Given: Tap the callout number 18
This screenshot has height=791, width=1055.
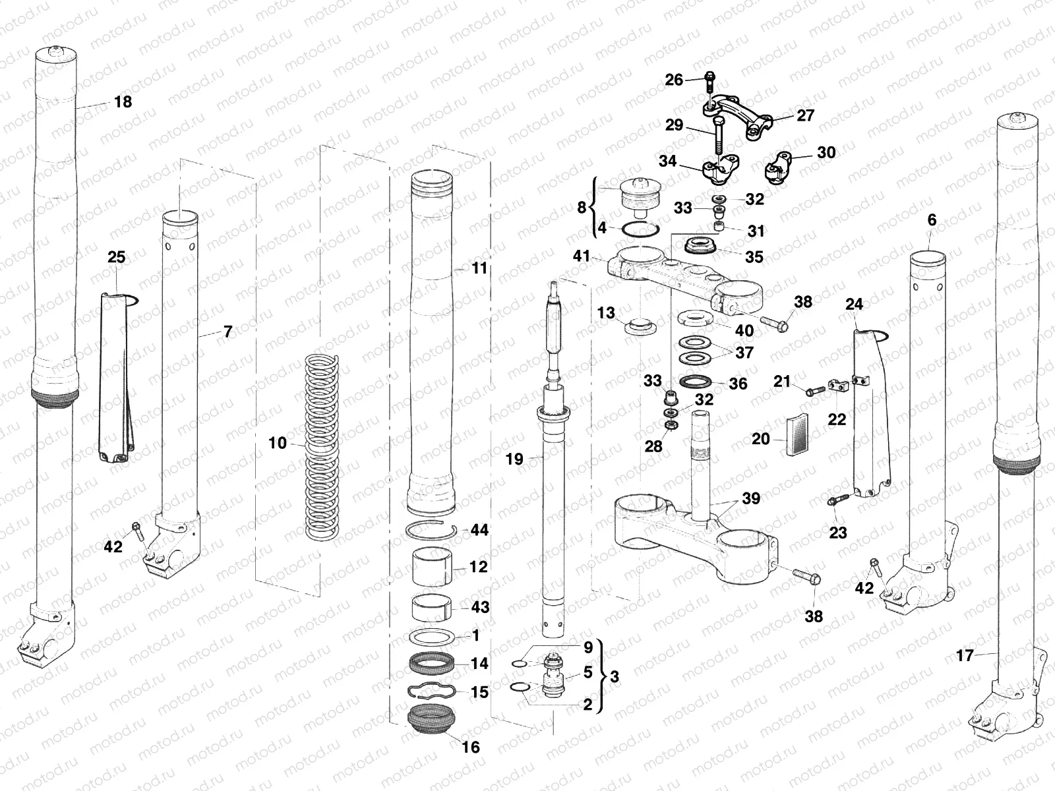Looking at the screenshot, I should (123, 102).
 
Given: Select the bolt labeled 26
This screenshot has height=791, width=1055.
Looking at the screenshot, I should (709, 82).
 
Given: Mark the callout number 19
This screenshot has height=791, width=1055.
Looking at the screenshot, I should (514, 459).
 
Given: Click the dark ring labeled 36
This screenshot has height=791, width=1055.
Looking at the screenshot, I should (694, 382).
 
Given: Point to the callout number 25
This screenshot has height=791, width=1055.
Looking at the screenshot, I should (116, 257).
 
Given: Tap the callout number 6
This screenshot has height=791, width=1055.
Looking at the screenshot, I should (932, 220).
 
